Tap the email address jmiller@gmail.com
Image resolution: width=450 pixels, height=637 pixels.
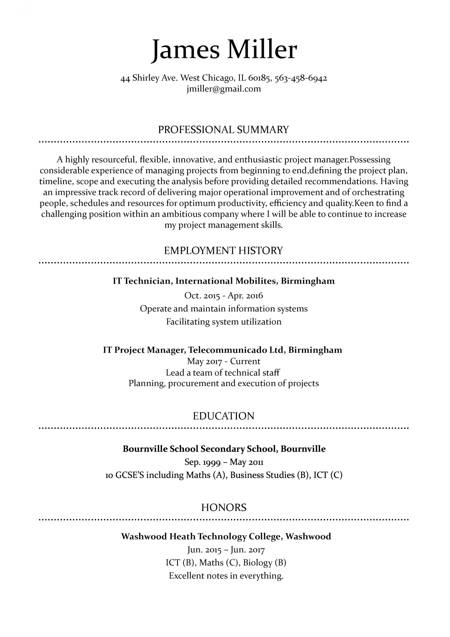(x=224, y=89)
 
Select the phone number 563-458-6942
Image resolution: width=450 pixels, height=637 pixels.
(x=301, y=78)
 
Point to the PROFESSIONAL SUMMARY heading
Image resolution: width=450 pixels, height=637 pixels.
(x=224, y=130)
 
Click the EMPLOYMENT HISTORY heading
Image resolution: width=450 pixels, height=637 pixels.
(x=224, y=251)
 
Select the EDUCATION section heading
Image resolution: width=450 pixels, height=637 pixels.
(x=224, y=416)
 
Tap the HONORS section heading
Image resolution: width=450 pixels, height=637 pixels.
(x=224, y=508)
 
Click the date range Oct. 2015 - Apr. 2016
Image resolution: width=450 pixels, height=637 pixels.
(x=224, y=295)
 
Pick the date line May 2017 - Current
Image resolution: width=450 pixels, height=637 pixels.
(x=224, y=361)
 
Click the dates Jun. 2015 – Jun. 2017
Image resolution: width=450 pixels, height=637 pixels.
(x=226, y=550)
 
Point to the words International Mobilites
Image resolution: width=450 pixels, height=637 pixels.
(x=226, y=281)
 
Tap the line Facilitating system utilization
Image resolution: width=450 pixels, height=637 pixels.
(x=224, y=321)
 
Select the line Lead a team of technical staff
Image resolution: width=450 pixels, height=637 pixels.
(x=223, y=372)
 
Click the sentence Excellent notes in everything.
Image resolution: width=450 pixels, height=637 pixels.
(x=226, y=576)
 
